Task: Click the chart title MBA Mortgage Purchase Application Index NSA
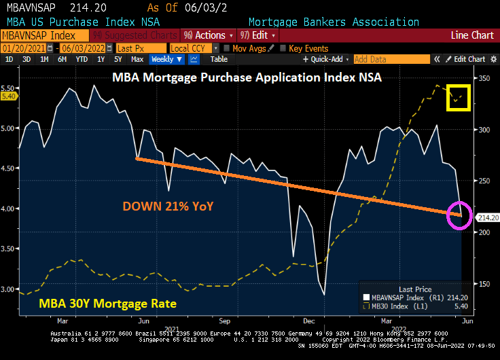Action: [247, 77]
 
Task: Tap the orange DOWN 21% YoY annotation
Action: [168, 205]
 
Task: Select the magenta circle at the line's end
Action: [459, 215]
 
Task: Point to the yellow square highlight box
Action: [458, 97]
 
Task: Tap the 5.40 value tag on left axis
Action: [9, 96]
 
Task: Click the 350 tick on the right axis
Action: [484, 79]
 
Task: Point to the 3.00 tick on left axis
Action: [10, 289]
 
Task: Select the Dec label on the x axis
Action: [308, 320]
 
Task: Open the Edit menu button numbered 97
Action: [255, 35]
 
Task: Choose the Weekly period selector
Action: [166, 59]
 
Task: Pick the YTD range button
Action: [82, 59]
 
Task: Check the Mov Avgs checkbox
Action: [227, 48]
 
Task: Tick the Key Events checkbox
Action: [284, 48]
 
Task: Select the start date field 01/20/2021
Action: [27, 48]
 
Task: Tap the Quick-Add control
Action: [329, 59]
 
